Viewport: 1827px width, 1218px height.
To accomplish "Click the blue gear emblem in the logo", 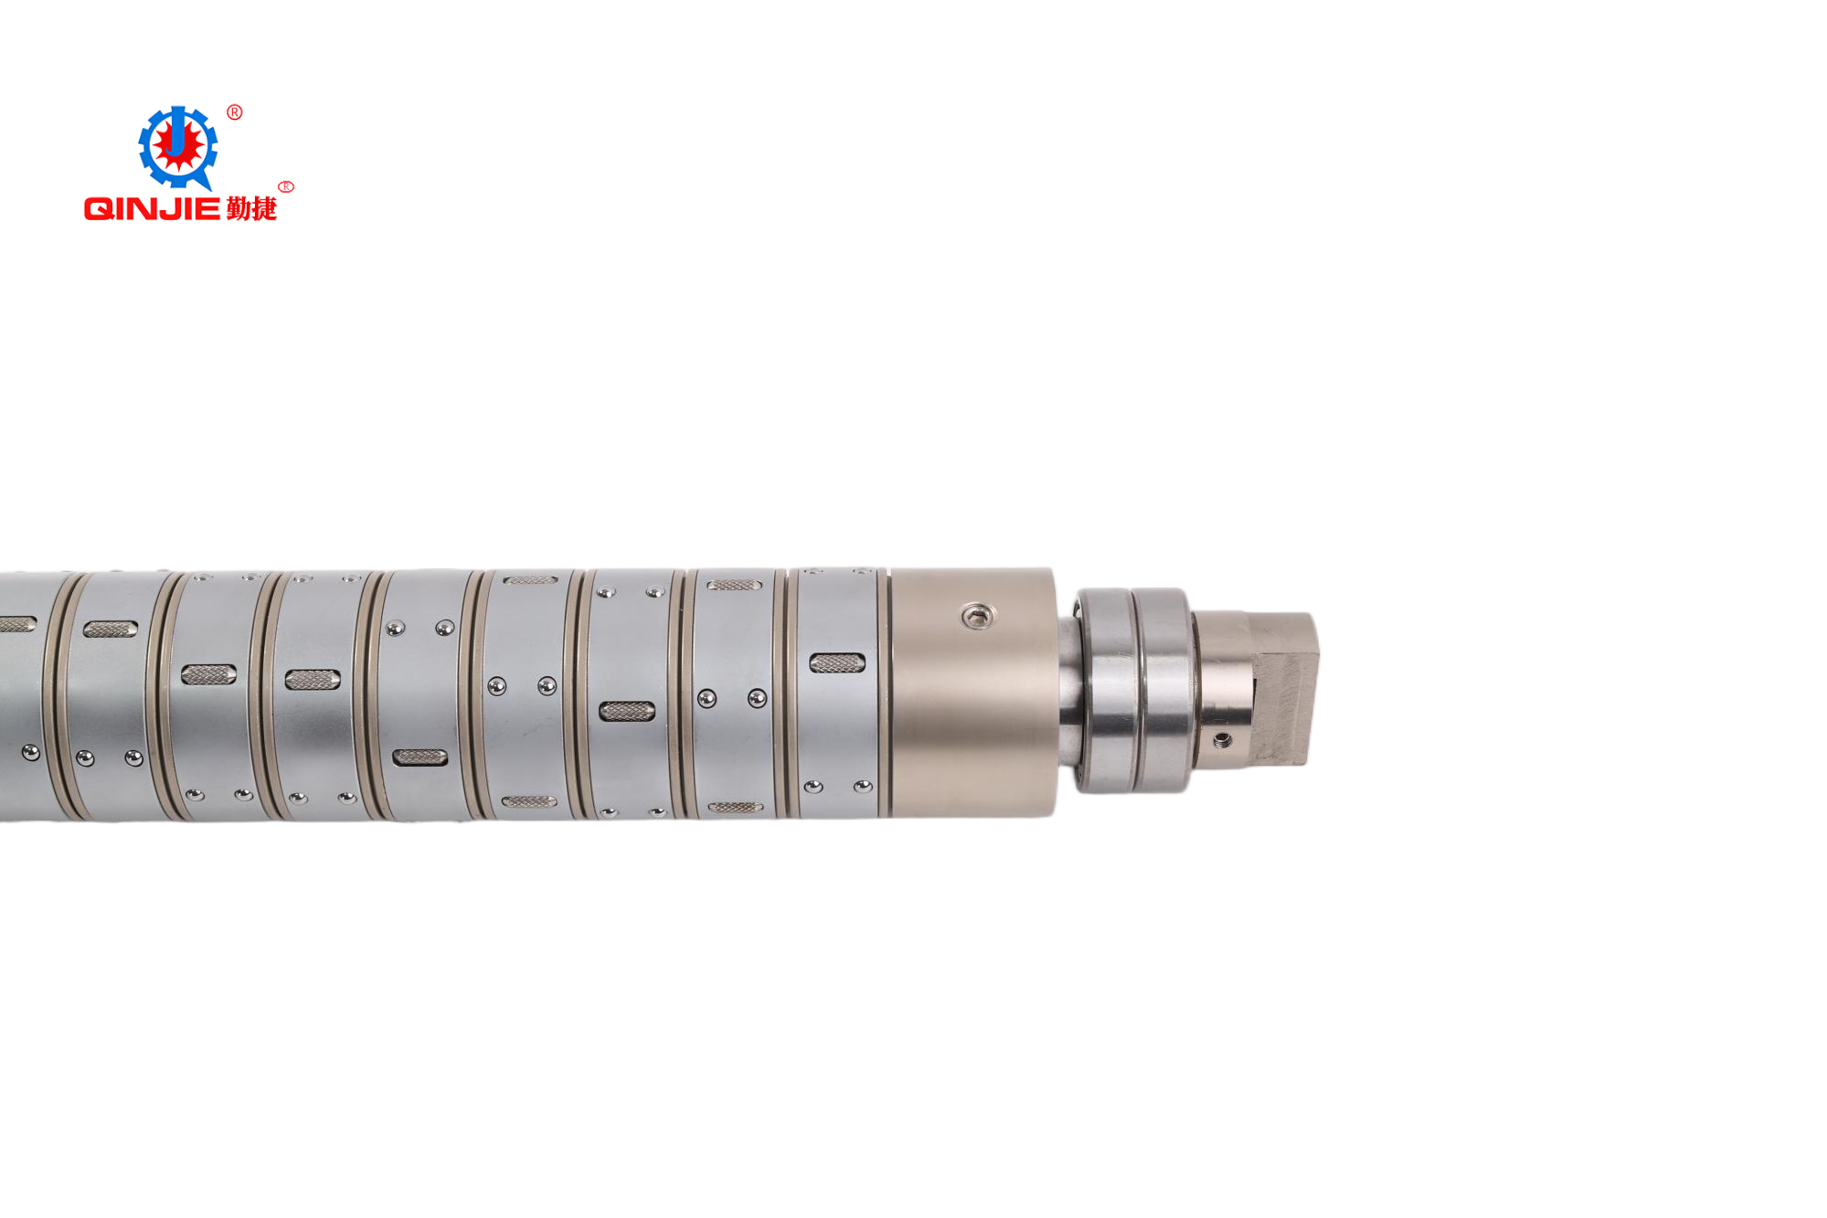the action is click(x=177, y=146).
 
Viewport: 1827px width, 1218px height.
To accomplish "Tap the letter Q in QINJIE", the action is click(x=99, y=209).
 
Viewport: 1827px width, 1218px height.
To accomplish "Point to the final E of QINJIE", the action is click(x=208, y=209).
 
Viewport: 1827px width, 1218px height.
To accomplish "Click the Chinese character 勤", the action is click(x=239, y=209).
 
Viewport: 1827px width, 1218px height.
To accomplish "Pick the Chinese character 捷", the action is click(x=264, y=209).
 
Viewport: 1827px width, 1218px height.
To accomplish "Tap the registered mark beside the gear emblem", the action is click(x=235, y=112).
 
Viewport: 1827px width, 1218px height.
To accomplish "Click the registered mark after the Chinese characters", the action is click(x=286, y=186).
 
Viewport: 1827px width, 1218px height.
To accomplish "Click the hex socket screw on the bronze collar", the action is click(x=978, y=617).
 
